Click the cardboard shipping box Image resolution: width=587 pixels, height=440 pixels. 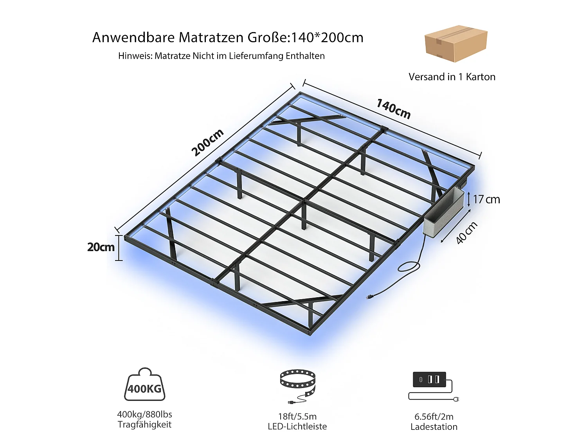coord(456,43)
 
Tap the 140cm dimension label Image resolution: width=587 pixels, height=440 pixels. coord(393,109)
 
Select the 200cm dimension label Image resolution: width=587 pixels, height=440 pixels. coord(207,142)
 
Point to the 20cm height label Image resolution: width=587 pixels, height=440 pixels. coord(101,247)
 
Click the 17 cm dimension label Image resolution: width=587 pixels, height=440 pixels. coord(486,199)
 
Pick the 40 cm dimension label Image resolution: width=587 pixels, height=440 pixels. coord(466,233)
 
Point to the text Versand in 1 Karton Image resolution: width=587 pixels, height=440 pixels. coord(452,77)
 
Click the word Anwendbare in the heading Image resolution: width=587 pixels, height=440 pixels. coord(133,38)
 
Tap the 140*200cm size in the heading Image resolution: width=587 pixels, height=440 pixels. coord(327,38)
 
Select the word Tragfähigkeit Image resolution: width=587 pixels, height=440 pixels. coord(144,424)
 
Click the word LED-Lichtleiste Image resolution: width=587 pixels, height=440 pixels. coord(297,426)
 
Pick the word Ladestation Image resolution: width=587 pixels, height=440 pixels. coord(434,427)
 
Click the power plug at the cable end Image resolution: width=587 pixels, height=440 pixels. coord(370,297)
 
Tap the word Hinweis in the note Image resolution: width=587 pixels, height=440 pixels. coord(135,56)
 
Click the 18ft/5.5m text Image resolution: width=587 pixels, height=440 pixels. coord(297,416)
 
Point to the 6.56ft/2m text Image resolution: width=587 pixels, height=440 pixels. coord(434,416)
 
